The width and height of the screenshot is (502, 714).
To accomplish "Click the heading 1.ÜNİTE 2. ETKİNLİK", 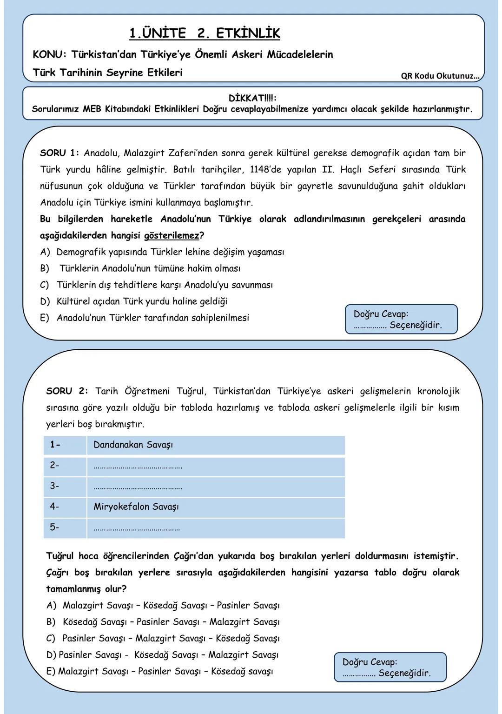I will click(x=205, y=33).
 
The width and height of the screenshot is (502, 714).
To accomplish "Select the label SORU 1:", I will click(x=59, y=153).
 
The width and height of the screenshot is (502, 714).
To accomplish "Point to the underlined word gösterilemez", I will click(x=172, y=235).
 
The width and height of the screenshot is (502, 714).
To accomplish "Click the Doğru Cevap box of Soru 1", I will click(x=401, y=320).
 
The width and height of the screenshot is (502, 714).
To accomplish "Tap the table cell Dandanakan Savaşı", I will click(x=133, y=445).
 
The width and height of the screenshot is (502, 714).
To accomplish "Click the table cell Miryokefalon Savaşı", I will click(x=136, y=507).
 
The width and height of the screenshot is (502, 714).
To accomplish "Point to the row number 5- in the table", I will click(x=55, y=527).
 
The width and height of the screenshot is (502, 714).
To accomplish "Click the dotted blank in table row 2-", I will click(x=138, y=466).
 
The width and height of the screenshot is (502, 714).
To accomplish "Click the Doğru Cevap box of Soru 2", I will click(x=390, y=667).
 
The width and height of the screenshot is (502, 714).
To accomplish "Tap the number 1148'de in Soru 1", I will click(x=267, y=170).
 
